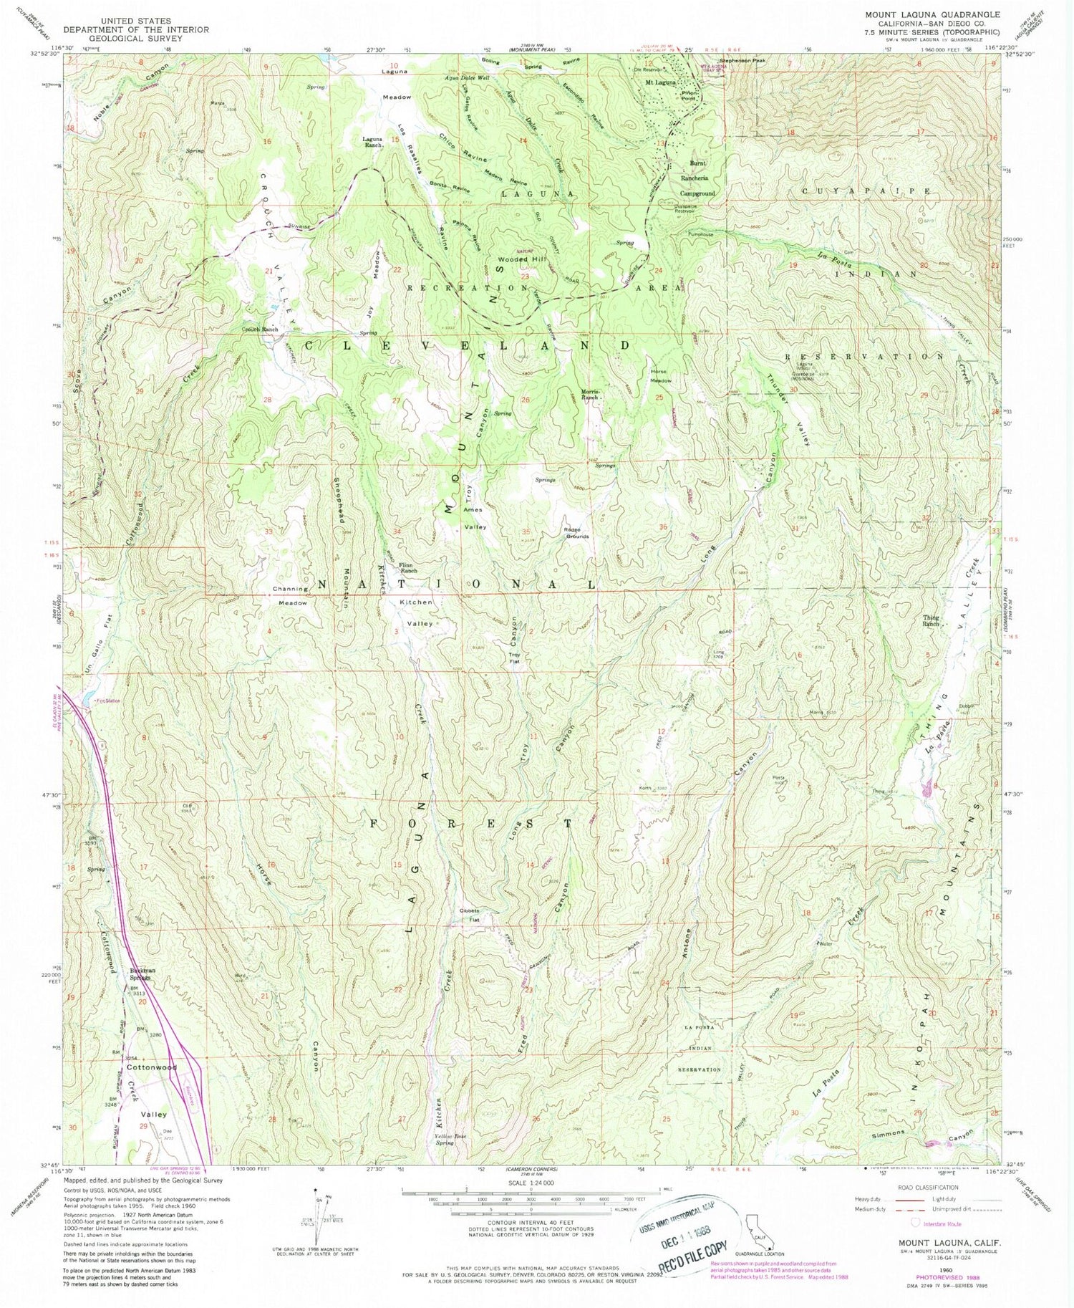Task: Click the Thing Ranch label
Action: coord(931,621)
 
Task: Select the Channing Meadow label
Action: coord(291,596)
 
